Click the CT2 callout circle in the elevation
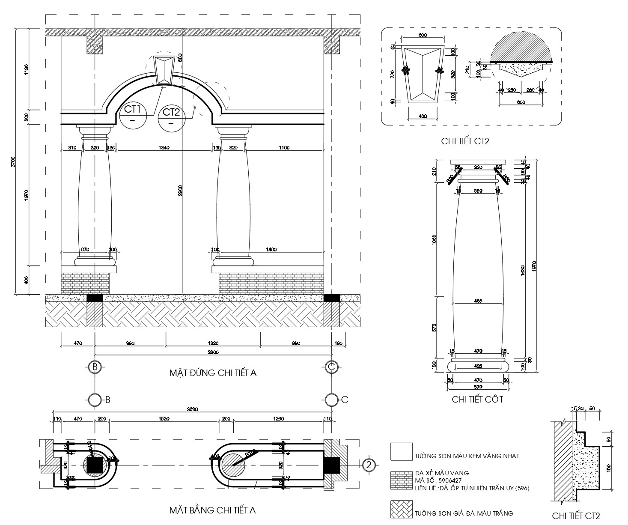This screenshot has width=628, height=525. click(171, 118)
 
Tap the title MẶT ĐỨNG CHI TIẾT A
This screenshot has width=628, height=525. click(213, 373)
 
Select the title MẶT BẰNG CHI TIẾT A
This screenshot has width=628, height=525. click(212, 510)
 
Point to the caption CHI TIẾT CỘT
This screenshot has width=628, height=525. click(477, 400)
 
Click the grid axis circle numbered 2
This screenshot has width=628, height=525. click(369, 465)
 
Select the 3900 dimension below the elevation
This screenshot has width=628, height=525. click(213, 352)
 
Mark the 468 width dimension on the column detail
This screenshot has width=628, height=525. click(478, 301)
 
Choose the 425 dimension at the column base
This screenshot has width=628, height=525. click(478, 366)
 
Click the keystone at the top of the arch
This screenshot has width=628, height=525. click(164, 69)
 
